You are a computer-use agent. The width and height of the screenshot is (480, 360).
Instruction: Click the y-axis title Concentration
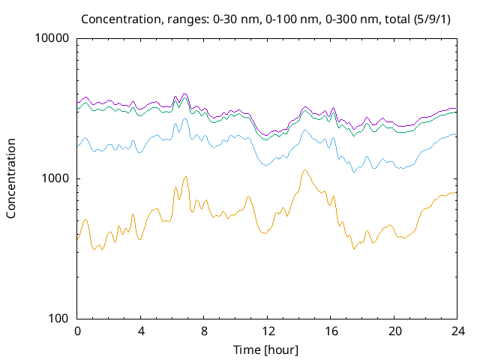coord(11,178)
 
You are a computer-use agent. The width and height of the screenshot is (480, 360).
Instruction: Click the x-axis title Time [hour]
coord(266,349)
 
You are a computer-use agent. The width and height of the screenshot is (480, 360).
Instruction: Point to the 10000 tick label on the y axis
coord(52,38)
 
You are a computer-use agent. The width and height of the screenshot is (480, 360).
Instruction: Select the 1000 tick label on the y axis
coord(55,178)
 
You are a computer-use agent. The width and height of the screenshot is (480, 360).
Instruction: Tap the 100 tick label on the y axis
coord(58,319)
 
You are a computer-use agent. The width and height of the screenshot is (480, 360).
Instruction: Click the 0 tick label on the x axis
coord(77,331)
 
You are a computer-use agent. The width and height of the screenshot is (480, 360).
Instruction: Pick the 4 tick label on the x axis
coord(140,331)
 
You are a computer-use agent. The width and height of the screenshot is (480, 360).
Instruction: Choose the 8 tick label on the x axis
coord(204,331)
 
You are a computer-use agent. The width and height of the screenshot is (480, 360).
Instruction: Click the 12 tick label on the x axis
coord(267,331)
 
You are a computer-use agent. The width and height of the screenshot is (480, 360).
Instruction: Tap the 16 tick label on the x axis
coord(330,331)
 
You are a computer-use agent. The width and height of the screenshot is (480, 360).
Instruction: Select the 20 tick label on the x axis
coord(394,331)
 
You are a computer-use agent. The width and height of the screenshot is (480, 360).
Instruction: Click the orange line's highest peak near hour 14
coord(304,169)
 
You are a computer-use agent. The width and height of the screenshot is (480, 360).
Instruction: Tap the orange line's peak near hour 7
coord(185,176)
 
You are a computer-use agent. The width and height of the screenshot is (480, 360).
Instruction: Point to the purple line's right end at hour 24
coord(456,109)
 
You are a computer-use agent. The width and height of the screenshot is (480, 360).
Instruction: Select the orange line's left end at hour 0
coord(78,238)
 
